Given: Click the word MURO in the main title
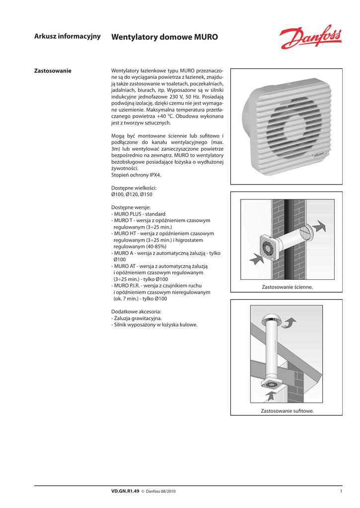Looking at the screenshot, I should point(206,37).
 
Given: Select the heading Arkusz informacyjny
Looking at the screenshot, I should point(68,36).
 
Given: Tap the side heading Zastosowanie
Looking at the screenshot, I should point(53,71).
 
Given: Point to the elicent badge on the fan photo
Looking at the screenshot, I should point(320,154).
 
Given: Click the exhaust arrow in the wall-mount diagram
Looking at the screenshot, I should point(320,227).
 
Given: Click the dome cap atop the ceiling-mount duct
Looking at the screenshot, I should point(272,317).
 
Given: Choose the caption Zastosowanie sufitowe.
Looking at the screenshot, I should point(287,412).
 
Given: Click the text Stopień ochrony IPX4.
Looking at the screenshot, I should point(136,175).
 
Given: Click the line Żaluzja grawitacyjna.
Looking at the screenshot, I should point(137,318).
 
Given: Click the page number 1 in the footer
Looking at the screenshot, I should point(341,491).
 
